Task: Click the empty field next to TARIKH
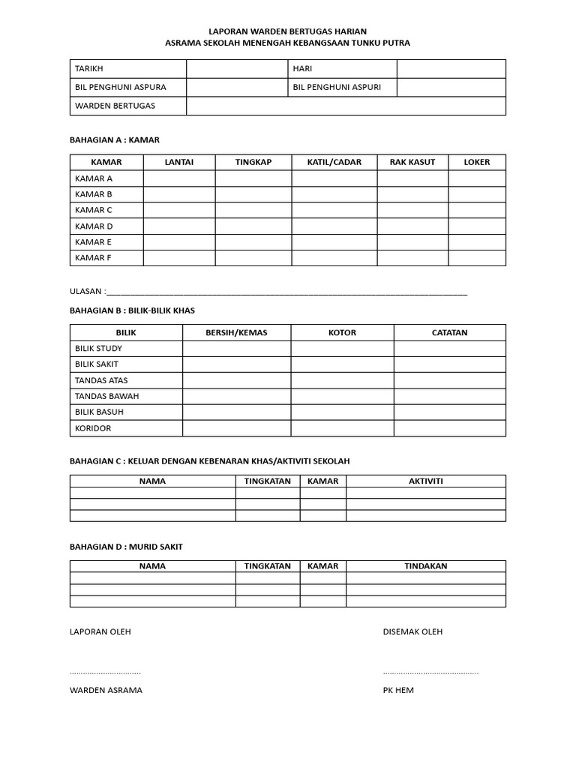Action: tap(238, 69)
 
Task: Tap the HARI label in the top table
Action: tap(302, 69)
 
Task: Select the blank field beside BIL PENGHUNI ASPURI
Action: tap(451, 88)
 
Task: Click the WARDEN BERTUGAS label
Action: tap(115, 106)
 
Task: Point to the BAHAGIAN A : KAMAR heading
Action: tap(114, 139)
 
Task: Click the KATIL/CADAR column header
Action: tap(334, 162)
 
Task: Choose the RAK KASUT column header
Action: tap(412, 162)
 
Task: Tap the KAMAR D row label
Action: tap(94, 226)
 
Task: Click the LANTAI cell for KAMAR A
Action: tap(179, 178)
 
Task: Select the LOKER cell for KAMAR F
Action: tap(477, 258)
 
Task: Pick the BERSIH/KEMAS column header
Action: tap(236, 332)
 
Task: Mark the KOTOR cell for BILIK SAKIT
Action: tap(342, 364)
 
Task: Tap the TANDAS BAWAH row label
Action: tap(107, 396)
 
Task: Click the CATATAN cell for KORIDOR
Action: tap(449, 428)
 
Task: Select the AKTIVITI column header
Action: tap(425, 481)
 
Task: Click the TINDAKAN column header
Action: tap(425, 566)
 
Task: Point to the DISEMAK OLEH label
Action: tap(412, 631)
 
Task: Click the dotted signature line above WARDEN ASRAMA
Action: tap(105, 673)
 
